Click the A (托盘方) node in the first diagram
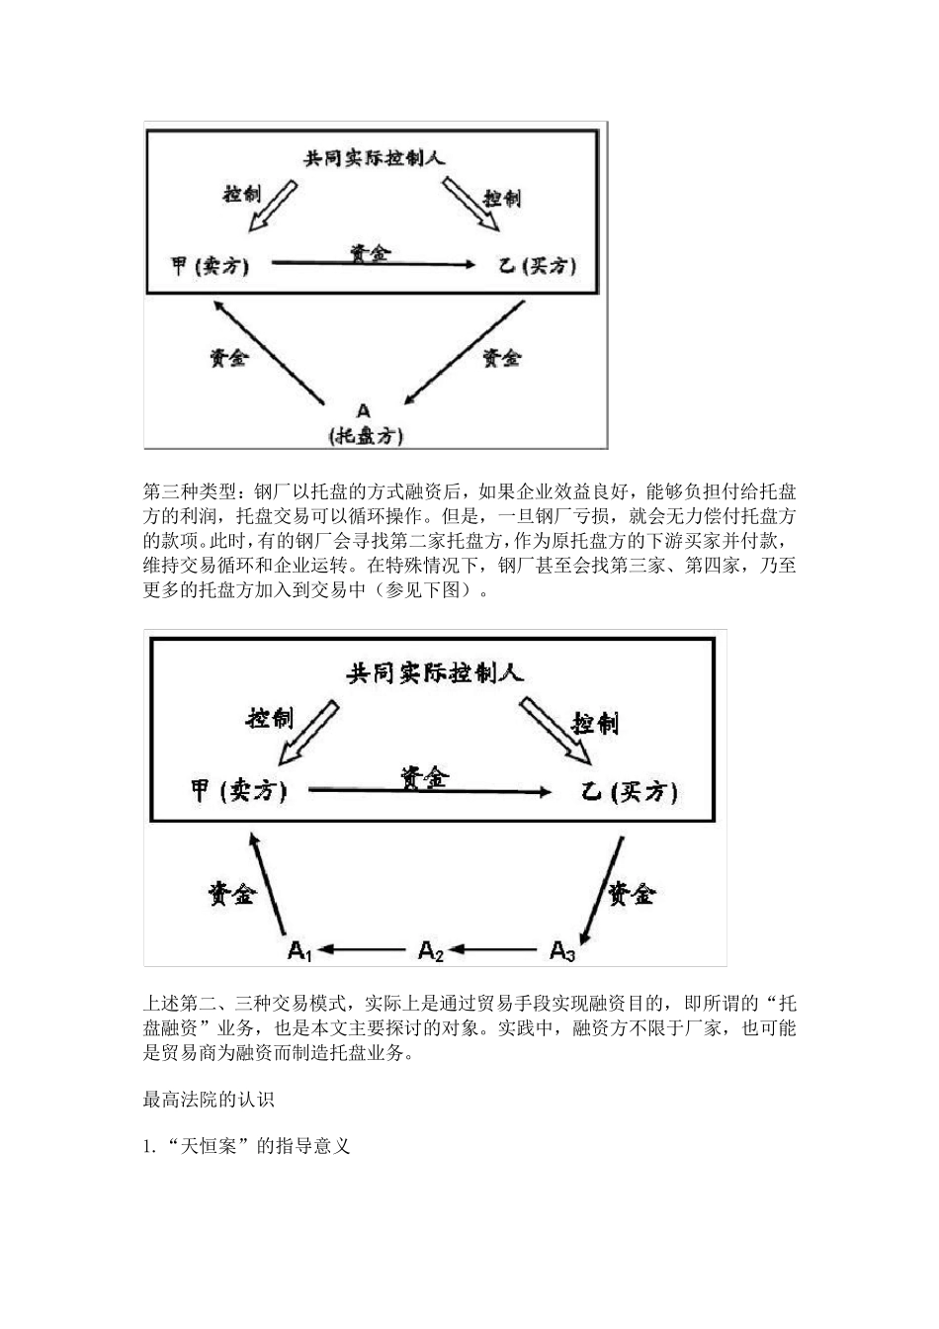[365, 423]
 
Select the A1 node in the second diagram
[300, 951]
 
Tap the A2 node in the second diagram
[431, 951]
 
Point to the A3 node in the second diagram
[562, 951]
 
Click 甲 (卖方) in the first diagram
[209, 266]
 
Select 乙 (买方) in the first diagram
[537, 266]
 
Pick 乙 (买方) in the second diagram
[630, 792]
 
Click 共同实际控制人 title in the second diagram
[434, 673]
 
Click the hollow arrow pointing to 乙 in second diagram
[555, 731]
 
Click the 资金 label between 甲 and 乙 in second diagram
[425, 777]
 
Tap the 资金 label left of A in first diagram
[228, 358]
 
